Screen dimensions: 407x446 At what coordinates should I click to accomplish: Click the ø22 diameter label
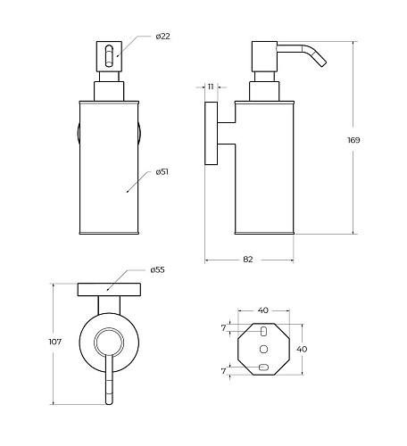click(162, 37)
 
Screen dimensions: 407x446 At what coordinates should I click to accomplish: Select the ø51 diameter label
click(162, 172)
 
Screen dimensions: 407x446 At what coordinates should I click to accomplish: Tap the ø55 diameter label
click(157, 270)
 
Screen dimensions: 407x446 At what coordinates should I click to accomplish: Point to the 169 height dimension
click(353, 140)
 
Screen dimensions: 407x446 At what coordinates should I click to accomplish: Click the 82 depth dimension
click(248, 260)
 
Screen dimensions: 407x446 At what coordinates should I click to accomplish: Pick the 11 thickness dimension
click(211, 87)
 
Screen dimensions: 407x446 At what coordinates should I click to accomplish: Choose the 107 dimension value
click(55, 342)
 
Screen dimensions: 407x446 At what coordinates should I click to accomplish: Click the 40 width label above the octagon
click(263, 310)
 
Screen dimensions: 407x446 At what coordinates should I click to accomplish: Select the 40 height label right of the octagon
click(302, 349)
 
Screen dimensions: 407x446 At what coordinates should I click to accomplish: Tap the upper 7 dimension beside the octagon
click(224, 328)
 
